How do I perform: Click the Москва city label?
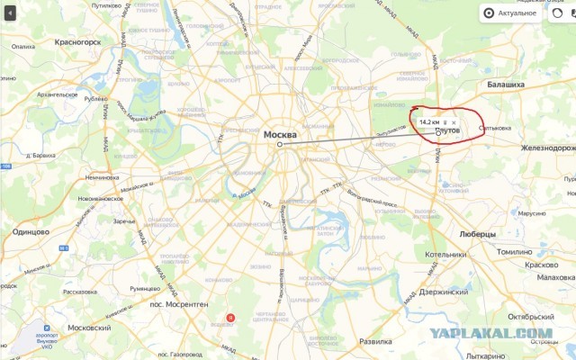click(279, 134)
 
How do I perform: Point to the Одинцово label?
click(31, 231)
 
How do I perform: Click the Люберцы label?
click(477, 234)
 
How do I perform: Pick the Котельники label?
click(445, 255)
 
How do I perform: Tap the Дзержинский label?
click(443, 292)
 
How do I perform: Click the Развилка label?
click(375, 342)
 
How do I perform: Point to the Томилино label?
click(516, 252)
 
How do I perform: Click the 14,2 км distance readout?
click(429, 121)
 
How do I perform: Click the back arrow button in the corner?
click(10, 13)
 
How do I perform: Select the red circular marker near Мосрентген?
click(230, 317)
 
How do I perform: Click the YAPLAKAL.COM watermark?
click(490, 333)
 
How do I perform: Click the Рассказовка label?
click(79, 291)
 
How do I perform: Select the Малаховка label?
click(555, 279)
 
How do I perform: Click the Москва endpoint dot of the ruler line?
click(279, 144)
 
